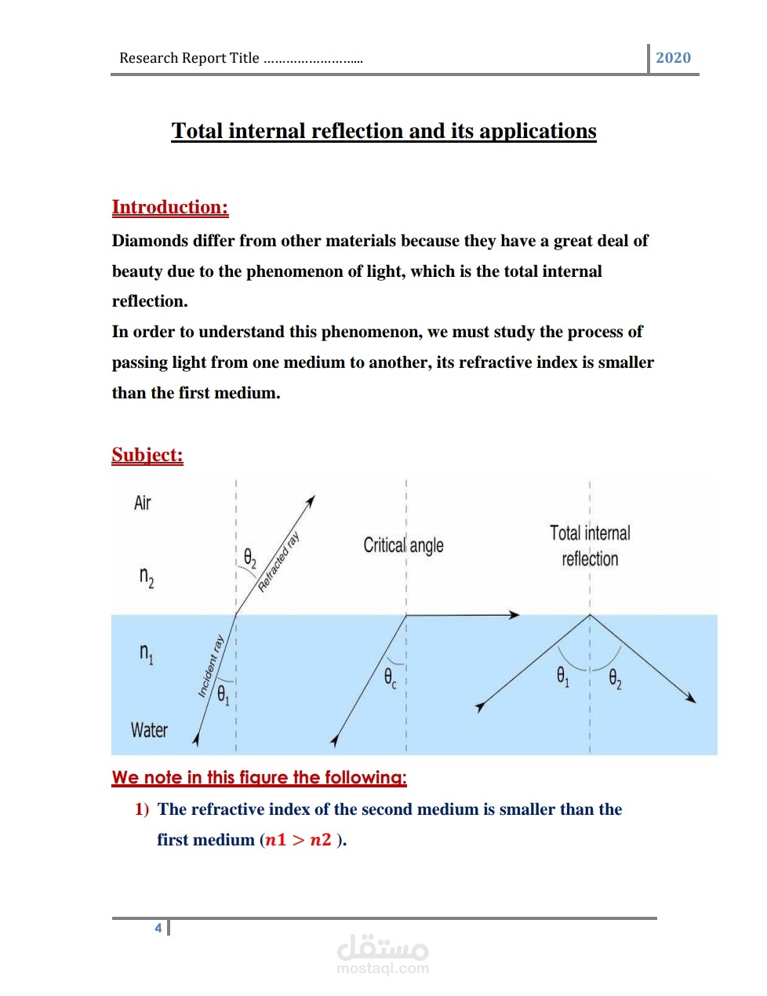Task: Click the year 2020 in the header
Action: tap(673, 58)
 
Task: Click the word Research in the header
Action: tap(148, 58)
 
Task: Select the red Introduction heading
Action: tap(170, 207)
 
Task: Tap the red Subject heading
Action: tap(147, 455)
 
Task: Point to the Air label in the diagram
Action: tap(142, 503)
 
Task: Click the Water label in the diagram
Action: tap(149, 730)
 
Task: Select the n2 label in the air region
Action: tap(147, 577)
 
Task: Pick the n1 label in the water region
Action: tap(147, 652)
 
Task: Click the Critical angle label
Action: tap(403, 545)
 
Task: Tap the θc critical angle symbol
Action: tap(390, 678)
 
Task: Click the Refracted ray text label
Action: tap(279, 562)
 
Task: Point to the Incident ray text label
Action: tap(211, 665)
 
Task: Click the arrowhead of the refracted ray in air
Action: tap(311, 500)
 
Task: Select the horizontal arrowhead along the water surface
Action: tap(514, 615)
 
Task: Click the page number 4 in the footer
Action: tap(158, 928)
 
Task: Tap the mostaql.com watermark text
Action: tap(383, 969)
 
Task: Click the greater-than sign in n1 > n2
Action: tap(298, 840)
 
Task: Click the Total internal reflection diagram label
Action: tap(590, 546)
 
